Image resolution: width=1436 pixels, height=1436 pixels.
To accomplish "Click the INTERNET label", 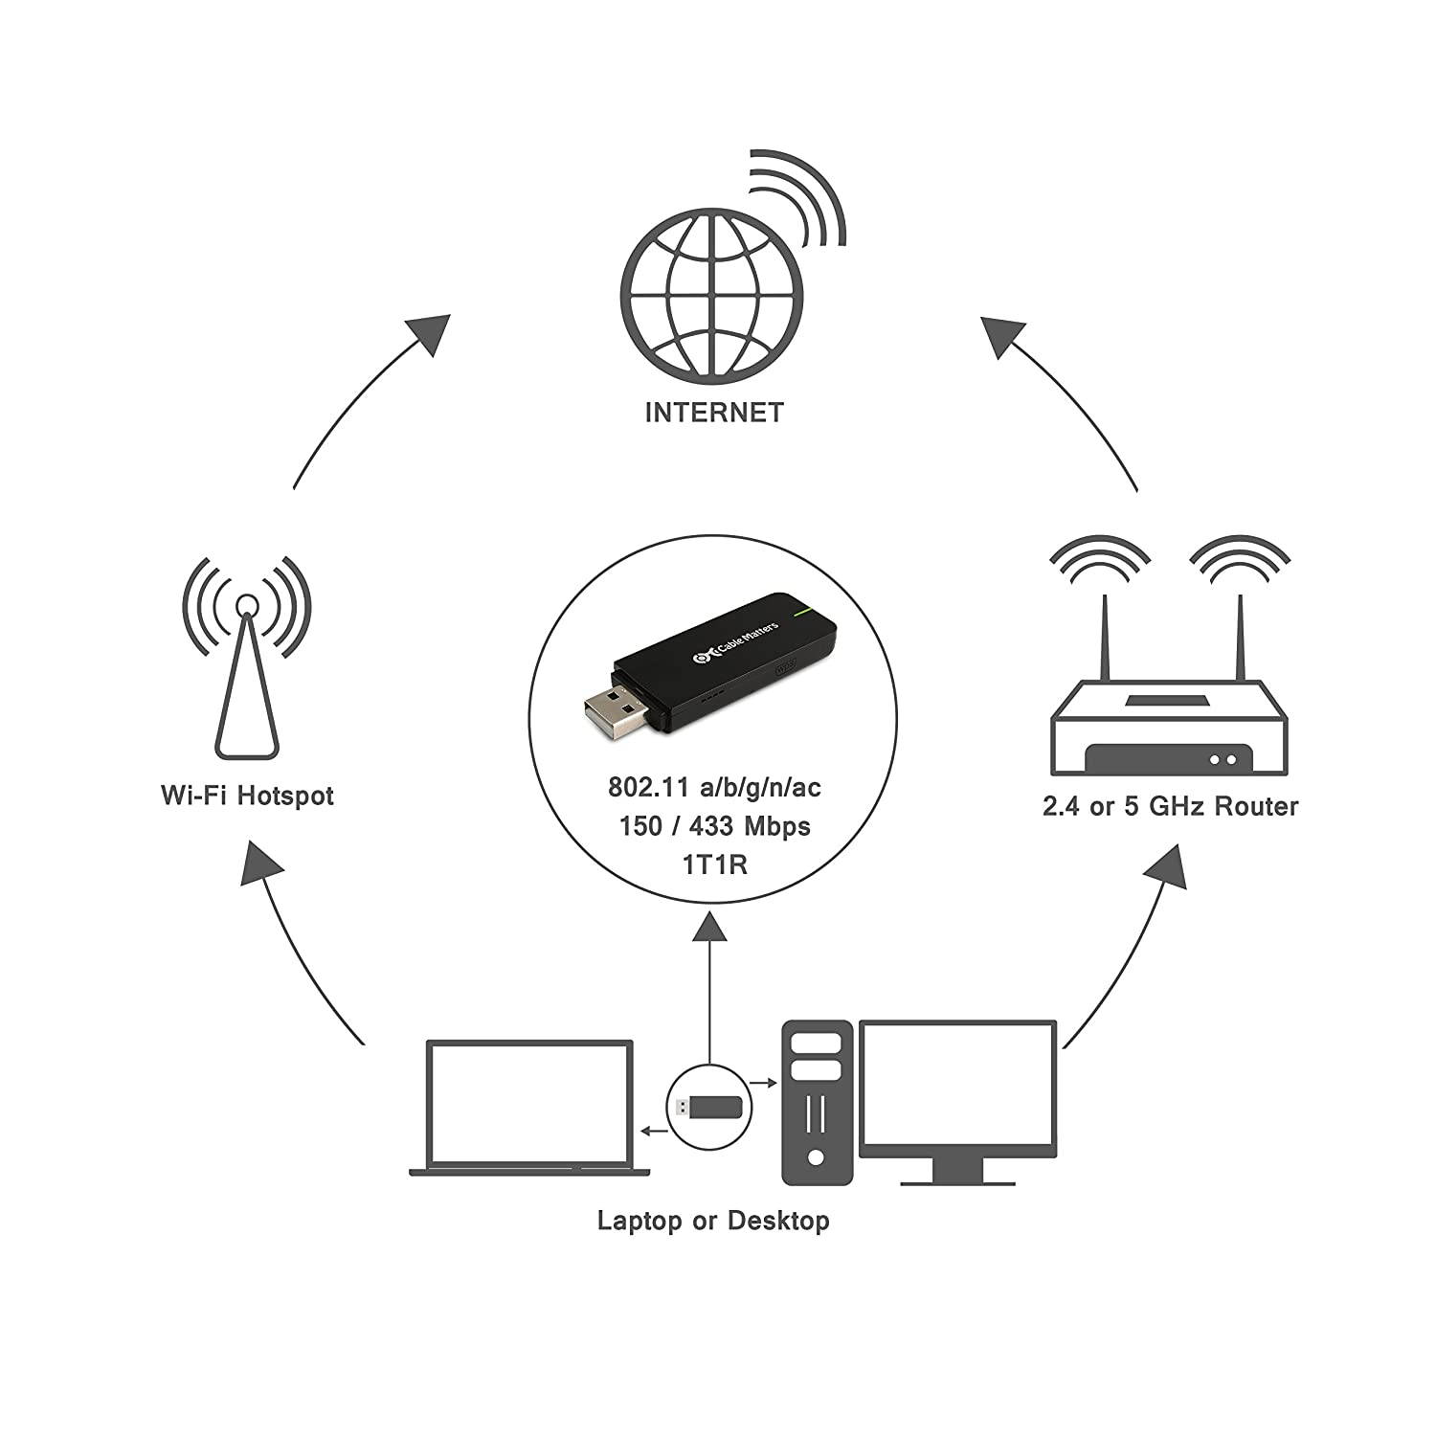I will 714,413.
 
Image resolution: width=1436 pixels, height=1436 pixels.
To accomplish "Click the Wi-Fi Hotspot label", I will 247,796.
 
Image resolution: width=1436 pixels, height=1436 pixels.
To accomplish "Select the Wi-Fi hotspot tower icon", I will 247,670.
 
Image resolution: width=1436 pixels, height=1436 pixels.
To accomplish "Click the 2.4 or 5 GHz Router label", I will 1170,806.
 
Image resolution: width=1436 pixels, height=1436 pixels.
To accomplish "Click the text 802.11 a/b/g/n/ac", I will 714,787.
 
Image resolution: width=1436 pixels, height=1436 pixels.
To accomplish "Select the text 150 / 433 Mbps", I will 714,826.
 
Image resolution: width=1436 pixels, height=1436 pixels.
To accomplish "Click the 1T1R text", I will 714,864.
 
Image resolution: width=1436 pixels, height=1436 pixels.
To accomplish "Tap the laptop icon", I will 529,1109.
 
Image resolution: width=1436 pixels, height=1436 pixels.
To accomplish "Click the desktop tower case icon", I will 817,1102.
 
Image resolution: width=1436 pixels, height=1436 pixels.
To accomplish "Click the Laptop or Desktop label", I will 713,1222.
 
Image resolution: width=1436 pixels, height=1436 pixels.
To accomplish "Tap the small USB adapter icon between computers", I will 709,1107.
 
